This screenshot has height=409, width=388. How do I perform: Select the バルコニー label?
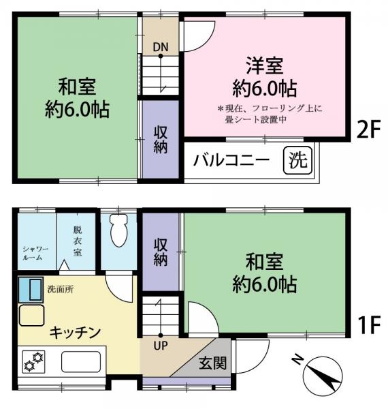[232, 162]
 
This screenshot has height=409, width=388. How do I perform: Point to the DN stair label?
[161, 46]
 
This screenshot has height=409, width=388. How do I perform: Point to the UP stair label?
[161, 345]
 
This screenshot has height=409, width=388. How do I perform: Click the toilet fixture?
[119, 232]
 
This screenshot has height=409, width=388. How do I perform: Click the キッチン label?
[75, 333]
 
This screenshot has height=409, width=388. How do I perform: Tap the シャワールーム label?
[33, 253]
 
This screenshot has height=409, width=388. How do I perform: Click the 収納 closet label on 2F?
[161, 138]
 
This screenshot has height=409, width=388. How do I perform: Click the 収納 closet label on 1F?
[161, 251]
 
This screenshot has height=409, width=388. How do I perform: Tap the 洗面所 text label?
[60, 289]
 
